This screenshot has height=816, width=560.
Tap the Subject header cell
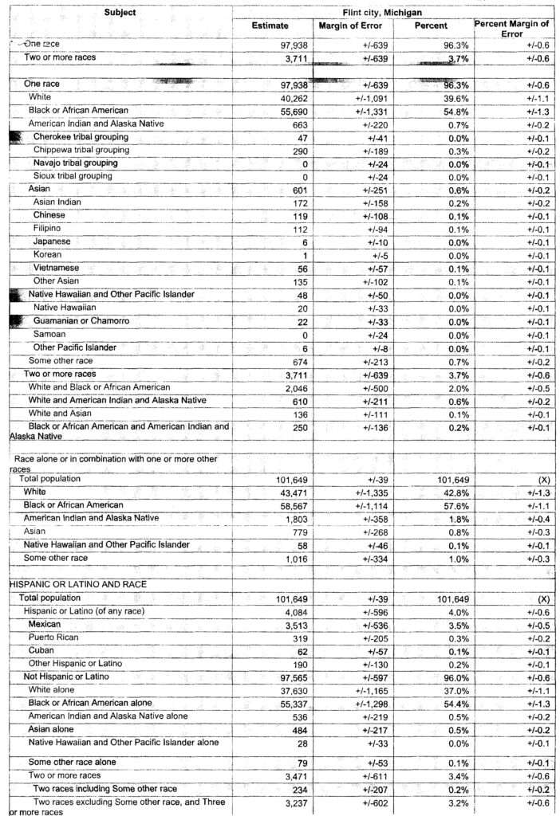pyautogui.click(x=120, y=12)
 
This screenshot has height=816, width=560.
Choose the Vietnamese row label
pyautogui.click(x=57, y=268)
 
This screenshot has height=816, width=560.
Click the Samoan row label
pyautogui.click(x=49, y=334)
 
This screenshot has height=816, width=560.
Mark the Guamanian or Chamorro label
pyautogui.click(x=81, y=320)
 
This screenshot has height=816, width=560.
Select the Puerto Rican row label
pyautogui.click(x=58, y=637)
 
